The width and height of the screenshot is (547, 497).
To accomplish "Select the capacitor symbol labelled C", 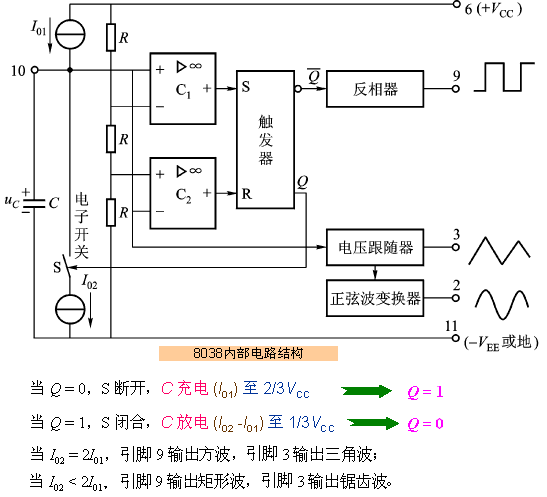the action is tap(34, 203).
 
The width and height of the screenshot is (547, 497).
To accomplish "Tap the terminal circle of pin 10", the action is tap(35, 70).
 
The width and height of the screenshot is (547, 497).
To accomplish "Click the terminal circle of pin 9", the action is tap(455, 89).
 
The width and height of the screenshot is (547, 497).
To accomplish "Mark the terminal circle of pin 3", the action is tap(455, 247).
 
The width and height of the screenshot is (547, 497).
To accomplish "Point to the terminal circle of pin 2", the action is tap(455, 298).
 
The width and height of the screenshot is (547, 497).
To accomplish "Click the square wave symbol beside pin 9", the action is tap(504, 77).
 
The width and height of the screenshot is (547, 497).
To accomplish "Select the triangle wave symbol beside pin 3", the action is tap(499, 251).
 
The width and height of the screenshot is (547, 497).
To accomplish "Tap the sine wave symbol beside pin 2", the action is tap(502, 304).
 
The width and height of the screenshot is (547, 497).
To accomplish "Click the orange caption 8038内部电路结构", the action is tap(248, 353).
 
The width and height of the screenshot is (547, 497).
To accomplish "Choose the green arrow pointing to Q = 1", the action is tap(366, 391).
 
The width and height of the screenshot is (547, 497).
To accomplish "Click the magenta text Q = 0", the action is tap(425, 424).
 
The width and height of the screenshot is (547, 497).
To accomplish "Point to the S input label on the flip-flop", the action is tap(246, 87).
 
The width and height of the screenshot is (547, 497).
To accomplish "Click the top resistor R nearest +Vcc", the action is tap(111, 37).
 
